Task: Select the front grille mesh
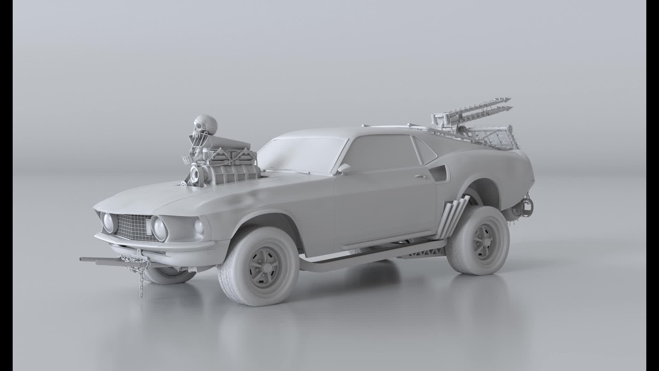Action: [132, 227]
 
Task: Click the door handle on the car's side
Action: [420, 176]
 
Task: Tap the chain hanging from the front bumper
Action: [141, 271]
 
